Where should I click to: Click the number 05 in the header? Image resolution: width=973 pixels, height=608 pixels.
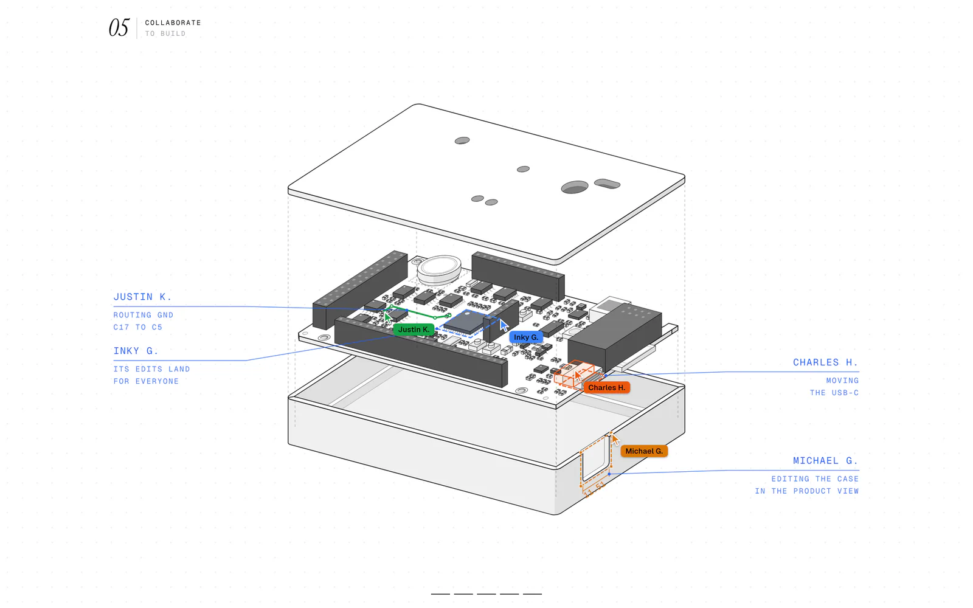(119, 27)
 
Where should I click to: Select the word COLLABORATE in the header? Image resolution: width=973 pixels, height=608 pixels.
(173, 22)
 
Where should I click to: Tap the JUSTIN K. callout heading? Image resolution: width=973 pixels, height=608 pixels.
(142, 297)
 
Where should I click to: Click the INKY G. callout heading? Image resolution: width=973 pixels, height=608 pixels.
(136, 350)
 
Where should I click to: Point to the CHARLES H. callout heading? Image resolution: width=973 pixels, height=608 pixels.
(826, 362)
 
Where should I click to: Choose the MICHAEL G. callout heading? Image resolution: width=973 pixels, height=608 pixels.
(826, 460)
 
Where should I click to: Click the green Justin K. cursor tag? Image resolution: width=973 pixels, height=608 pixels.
(414, 330)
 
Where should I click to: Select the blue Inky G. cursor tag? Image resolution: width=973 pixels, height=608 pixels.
(526, 337)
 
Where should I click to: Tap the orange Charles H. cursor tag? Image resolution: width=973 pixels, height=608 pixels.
(607, 387)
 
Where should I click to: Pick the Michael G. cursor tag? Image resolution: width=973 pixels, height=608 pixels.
(644, 451)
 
